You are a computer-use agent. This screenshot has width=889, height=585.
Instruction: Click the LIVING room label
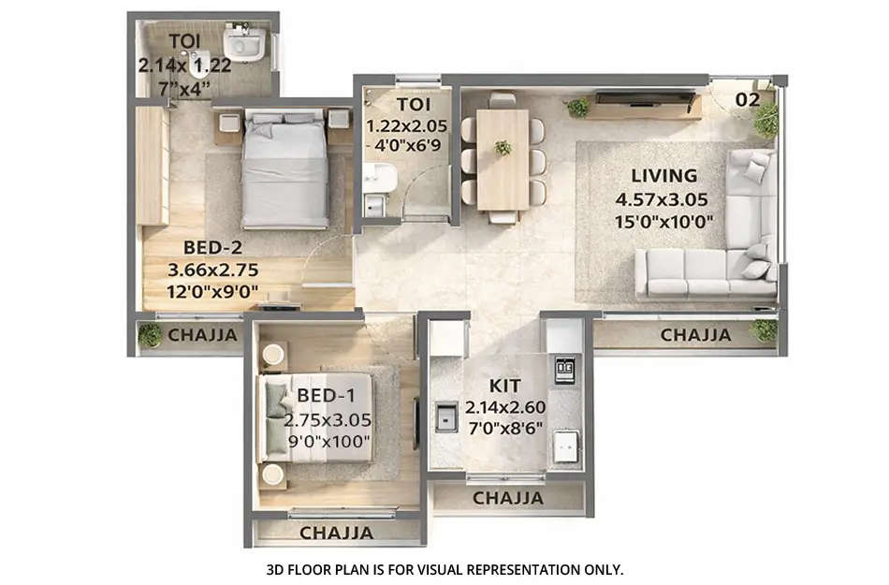point(663,175)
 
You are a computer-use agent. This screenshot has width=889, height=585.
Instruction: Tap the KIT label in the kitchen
point(505,386)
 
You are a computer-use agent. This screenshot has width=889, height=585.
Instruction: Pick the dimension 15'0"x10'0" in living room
point(663,222)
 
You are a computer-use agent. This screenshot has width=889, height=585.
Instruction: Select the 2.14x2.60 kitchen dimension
point(505,407)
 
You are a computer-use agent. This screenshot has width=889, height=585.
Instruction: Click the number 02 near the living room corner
point(748,98)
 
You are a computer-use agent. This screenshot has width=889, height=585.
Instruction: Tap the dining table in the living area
point(503,159)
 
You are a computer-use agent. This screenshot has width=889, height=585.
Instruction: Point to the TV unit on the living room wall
point(646,96)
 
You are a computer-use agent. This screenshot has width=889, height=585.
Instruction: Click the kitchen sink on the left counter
point(444,416)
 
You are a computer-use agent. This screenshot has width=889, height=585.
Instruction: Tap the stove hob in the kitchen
point(565,370)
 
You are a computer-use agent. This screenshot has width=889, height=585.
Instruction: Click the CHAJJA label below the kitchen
point(508,498)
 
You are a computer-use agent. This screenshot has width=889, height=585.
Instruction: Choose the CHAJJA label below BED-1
point(336,533)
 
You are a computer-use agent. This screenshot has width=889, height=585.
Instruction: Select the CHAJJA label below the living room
point(695,335)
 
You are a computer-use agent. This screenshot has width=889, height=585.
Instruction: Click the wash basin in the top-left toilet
point(245,44)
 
